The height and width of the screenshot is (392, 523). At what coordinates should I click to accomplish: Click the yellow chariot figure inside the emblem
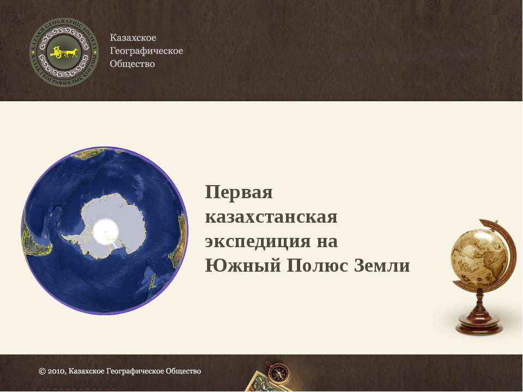click(64, 52)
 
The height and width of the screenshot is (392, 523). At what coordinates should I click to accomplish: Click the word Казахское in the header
click(133, 38)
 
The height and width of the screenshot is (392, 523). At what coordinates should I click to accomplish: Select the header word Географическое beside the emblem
click(147, 51)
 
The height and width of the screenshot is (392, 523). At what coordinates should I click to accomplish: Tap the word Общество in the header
click(132, 64)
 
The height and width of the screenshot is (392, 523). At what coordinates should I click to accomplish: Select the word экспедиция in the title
click(257, 241)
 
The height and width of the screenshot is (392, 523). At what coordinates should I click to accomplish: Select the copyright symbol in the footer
click(42, 371)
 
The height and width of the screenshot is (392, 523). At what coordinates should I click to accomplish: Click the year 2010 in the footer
click(56, 371)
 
